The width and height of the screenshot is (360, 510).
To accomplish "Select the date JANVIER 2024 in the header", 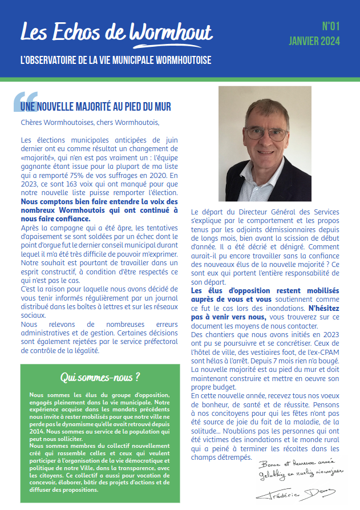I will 314,41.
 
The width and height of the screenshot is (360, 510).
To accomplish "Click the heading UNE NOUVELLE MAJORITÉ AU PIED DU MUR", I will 96,107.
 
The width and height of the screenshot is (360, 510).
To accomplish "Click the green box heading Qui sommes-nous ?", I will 100,377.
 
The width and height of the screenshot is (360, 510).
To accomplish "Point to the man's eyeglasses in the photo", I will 266,134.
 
